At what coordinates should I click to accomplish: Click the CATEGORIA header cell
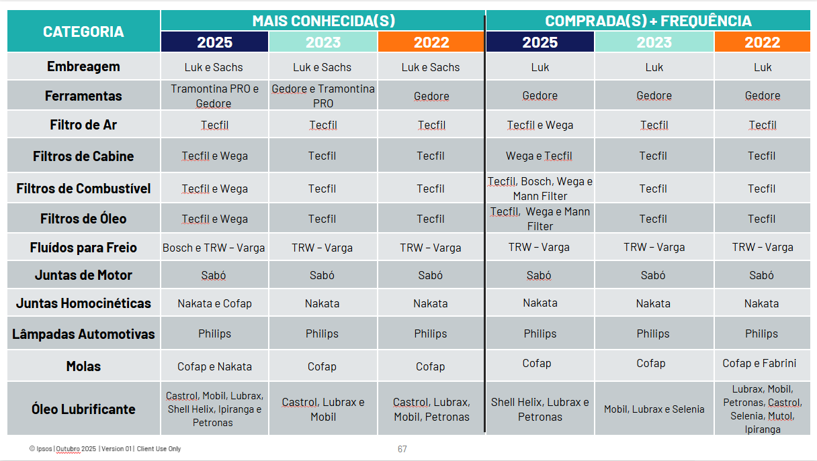83,32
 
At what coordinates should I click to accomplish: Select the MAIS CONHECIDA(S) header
323,21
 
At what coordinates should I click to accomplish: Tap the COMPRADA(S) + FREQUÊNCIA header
648,21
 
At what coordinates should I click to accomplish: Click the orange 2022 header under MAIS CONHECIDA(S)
431,42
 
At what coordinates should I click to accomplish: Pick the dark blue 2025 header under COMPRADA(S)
540,42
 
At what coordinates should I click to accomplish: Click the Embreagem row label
83,66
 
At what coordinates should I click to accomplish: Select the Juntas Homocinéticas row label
83,303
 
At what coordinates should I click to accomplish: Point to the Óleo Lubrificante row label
83,409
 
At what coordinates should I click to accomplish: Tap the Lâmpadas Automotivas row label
83,334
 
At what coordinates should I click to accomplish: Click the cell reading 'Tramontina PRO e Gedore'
214,96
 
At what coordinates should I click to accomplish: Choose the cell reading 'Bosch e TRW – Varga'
214,248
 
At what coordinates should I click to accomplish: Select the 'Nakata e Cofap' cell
214,303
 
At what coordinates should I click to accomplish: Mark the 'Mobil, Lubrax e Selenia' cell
654,409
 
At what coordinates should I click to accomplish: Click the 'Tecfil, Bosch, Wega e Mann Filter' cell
540,189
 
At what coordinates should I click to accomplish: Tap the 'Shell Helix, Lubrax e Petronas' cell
540,409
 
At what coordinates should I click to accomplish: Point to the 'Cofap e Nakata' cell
214,366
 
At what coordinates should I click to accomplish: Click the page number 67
402,449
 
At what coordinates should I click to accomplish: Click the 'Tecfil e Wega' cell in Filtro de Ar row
540,125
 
